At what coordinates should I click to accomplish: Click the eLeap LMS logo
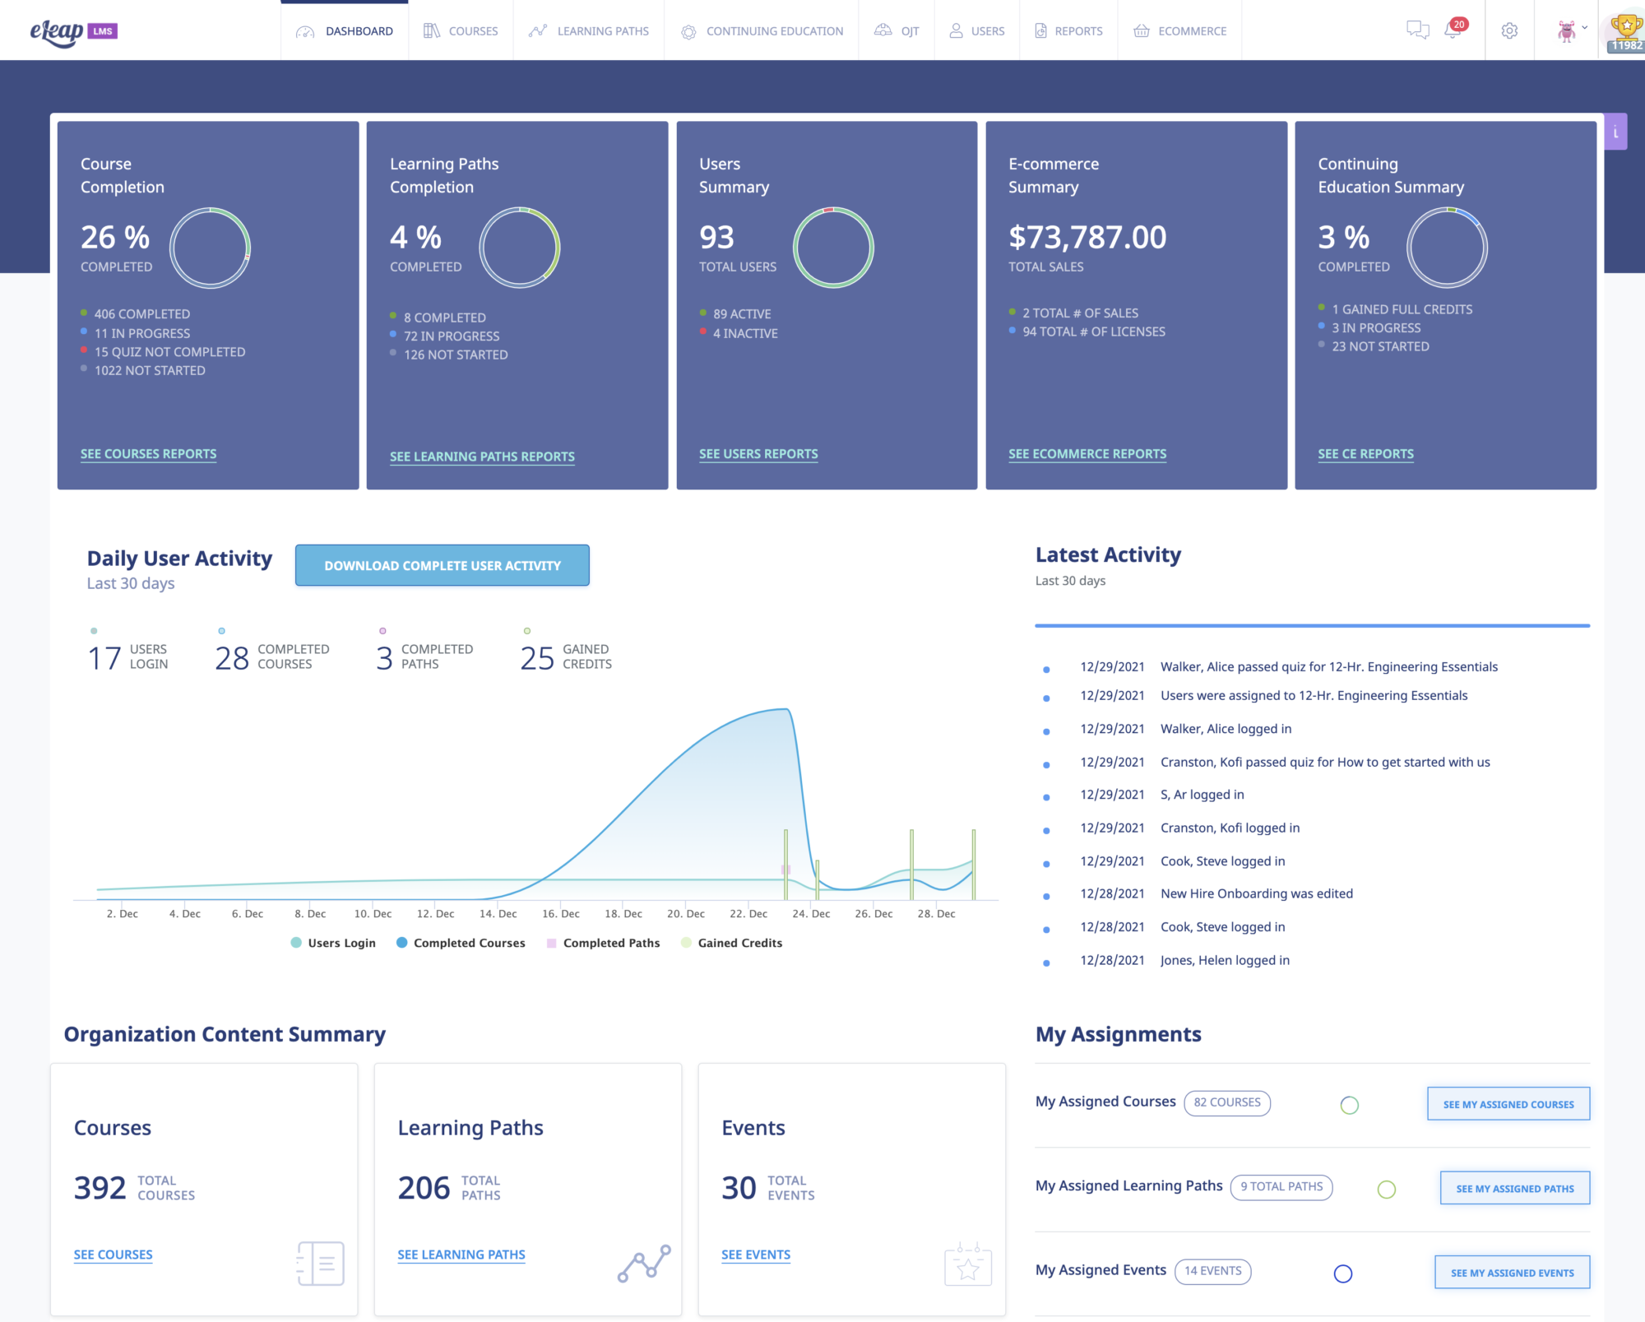tap(73, 31)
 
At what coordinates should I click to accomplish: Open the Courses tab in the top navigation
tap(461, 31)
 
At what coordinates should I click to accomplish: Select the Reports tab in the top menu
tap(1068, 31)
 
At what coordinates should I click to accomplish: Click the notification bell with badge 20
tap(1453, 31)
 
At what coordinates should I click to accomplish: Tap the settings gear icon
tap(1509, 31)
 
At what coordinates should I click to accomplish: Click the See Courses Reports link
tap(148, 454)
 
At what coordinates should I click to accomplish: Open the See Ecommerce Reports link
tap(1087, 454)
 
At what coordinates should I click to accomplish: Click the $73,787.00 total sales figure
tap(1087, 238)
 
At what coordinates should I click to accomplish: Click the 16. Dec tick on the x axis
tap(560, 914)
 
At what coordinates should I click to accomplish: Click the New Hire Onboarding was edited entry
tap(1256, 894)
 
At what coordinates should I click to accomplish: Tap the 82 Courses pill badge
tap(1226, 1102)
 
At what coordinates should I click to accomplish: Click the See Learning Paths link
tap(461, 1255)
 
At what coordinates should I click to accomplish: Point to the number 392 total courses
tap(100, 1188)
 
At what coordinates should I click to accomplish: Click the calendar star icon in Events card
tap(968, 1264)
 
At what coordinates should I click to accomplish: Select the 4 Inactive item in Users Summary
tap(744, 333)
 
